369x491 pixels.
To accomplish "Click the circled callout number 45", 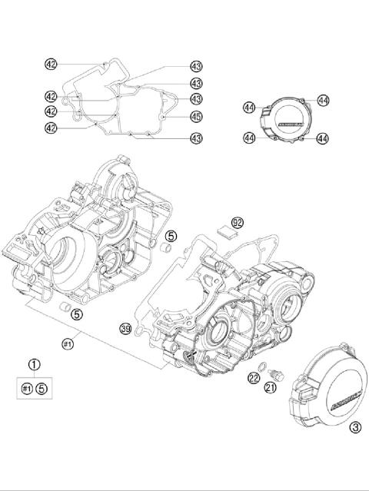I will [196, 117].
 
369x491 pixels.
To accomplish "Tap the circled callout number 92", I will [238, 222].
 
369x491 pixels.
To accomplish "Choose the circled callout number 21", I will [269, 390].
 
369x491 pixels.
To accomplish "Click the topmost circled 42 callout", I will [50, 65].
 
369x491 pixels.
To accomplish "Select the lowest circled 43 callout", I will [196, 138].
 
